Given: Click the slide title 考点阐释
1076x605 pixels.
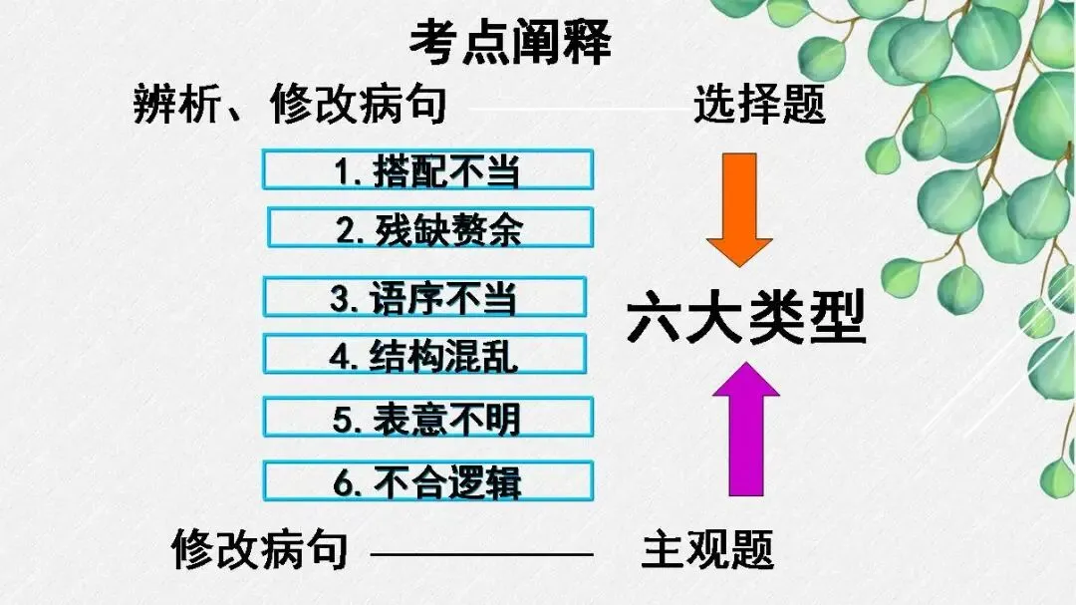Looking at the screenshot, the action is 509,42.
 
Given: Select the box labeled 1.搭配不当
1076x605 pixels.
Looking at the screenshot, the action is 427,170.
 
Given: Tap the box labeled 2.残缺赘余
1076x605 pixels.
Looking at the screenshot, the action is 430,228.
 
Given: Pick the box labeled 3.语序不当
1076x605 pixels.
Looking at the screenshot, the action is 425,297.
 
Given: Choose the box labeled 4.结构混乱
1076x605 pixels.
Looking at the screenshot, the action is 425,355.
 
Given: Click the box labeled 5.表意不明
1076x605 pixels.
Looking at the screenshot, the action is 427,418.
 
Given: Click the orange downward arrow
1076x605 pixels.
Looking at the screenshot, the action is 738,209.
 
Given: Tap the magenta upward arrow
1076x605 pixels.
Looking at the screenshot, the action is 738,429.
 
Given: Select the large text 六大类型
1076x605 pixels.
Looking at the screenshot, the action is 745,317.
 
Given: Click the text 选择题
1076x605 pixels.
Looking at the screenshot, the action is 759,104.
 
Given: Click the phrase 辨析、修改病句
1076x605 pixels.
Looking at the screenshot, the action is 290,104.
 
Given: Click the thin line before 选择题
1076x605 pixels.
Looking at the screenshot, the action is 573,107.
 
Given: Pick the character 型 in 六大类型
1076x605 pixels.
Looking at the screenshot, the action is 835,317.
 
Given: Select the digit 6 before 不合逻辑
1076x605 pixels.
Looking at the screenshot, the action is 345,483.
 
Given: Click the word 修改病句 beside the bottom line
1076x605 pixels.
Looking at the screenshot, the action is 260,549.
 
